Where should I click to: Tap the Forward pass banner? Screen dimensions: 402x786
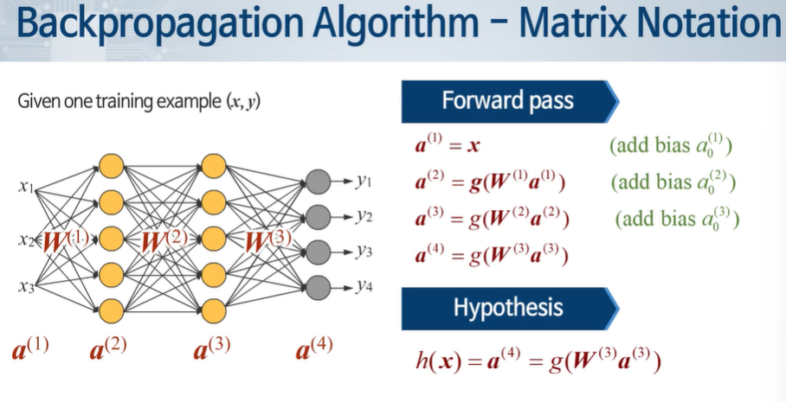(507, 100)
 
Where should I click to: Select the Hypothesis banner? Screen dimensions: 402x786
(507, 308)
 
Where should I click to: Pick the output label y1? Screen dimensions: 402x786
(363, 182)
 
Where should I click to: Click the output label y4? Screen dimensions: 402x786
(363, 286)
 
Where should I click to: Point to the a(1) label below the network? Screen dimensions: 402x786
(29, 349)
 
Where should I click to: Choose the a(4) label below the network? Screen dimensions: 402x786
(314, 349)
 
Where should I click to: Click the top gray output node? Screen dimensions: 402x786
(318, 182)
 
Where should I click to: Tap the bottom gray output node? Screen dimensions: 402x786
(318, 286)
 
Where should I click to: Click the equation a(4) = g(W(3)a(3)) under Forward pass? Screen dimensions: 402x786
(492, 256)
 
